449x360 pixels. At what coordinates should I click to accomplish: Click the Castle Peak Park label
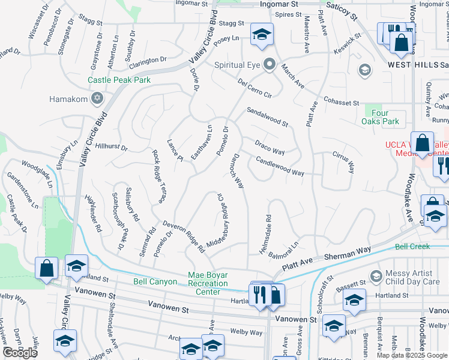[x=119, y=80]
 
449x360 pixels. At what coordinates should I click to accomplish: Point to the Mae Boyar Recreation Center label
[x=208, y=283]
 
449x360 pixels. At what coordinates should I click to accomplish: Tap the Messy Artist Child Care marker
[x=376, y=277]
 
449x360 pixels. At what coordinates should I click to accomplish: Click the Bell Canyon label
[x=155, y=281]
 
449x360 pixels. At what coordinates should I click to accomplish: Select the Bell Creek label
[x=412, y=247]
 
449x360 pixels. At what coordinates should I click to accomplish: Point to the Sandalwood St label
[x=267, y=116]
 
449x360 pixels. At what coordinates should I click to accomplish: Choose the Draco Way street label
[x=270, y=148]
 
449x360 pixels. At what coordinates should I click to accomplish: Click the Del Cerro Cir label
[x=255, y=88]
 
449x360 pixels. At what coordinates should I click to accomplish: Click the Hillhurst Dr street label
[x=112, y=147]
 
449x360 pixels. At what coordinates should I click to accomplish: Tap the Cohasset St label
[x=341, y=103]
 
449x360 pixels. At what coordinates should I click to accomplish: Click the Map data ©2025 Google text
[x=411, y=355]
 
